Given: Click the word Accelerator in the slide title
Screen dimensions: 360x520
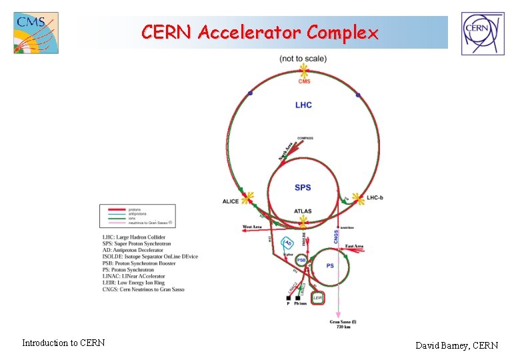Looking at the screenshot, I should click(260, 32).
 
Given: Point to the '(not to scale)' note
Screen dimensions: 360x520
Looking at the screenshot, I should click(303, 59).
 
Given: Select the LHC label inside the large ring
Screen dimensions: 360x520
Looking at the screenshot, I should click(303, 105).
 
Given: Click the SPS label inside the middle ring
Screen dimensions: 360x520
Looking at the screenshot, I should click(303, 188).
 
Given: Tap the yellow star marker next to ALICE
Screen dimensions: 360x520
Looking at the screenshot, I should click(247, 199).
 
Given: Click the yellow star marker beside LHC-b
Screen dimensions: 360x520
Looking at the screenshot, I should click(358, 198).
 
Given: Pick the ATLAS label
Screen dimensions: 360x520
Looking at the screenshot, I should click(303, 211).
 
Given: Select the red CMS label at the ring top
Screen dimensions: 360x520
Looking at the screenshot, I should click(304, 81).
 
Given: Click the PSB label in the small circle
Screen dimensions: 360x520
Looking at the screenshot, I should click(301, 260).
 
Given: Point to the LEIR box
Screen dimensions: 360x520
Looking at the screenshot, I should click(318, 299).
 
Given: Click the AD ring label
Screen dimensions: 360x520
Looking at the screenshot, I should click(289, 243).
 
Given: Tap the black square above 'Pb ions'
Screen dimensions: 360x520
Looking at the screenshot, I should click(298, 298).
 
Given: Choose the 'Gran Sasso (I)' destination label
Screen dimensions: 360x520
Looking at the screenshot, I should click(343, 322).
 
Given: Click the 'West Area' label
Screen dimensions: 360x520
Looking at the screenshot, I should click(252, 227).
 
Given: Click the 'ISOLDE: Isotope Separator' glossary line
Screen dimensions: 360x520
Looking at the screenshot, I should click(150, 257).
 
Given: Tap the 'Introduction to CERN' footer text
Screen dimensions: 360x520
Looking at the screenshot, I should click(63, 343).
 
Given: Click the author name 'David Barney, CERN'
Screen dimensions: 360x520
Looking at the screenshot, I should click(457, 345).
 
